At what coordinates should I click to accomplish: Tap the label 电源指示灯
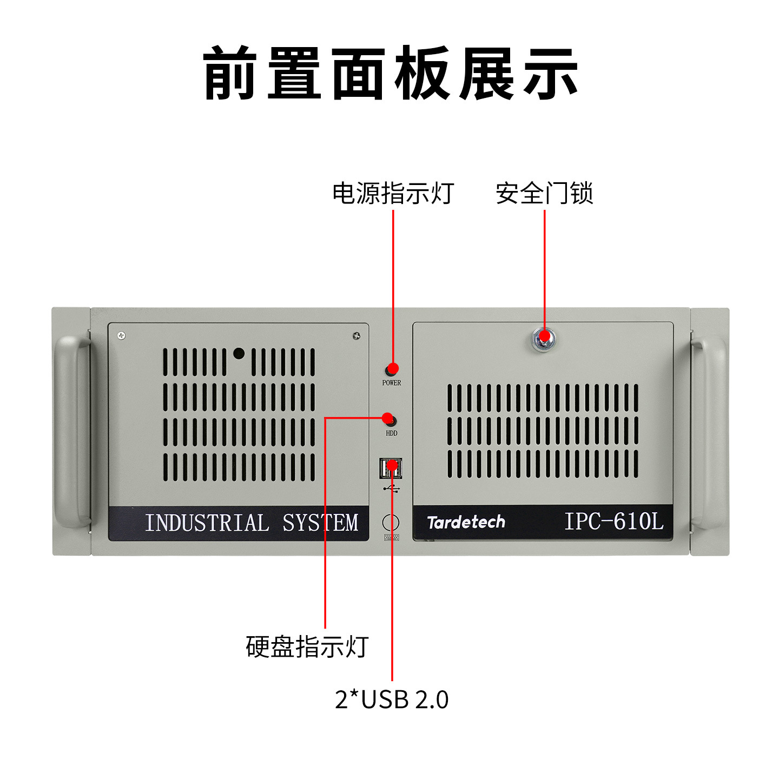pos(393,193)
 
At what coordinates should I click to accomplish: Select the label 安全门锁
pos(544,193)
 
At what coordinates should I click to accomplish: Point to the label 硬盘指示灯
pos(307,646)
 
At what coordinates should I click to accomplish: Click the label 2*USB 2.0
pos(392,699)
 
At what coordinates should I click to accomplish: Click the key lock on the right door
pos(543,339)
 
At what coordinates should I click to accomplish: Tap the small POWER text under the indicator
pos(392,383)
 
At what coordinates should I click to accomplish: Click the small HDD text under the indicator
pos(392,433)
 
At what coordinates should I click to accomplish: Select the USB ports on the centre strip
pos(391,468)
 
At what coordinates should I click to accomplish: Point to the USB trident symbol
pos(392,489)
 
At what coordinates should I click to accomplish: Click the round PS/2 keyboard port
pos(391,523)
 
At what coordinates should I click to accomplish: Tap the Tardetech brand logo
pos(466,522)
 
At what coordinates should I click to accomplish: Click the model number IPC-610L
pos(613,521)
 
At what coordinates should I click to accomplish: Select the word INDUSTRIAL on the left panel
pos(207,523)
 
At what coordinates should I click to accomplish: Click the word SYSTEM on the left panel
pos(320,523)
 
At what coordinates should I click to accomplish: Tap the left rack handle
pos(72,431)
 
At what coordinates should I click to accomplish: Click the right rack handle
pos(709,431)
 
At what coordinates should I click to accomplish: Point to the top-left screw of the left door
pos(122,336)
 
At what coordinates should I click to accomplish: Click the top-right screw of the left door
pos(357,336)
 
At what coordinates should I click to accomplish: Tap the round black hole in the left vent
pos(239,354)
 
